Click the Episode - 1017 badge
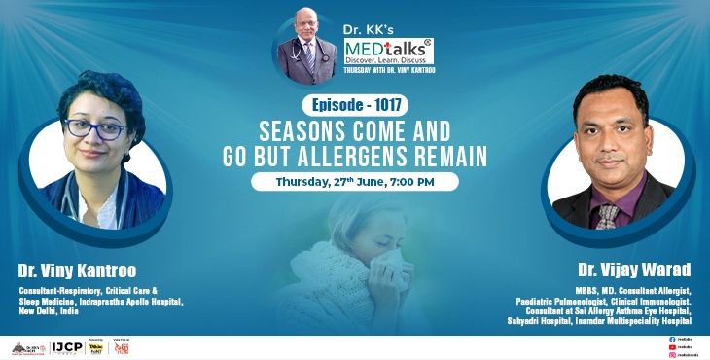[x=354, y=104]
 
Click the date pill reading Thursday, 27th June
[x=354, y=180]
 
